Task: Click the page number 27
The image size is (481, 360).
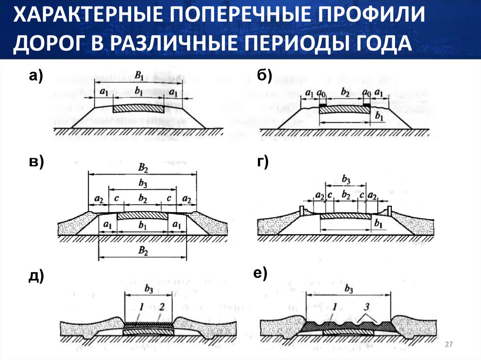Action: (448, 345)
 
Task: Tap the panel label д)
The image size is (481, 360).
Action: (36, 276)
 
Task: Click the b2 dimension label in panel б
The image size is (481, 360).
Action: (344, 93)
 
